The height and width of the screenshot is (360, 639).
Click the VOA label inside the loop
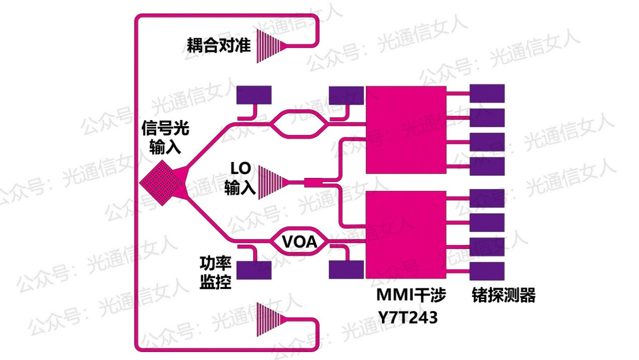pos(299,243)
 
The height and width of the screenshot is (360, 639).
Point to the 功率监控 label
pos(216,273)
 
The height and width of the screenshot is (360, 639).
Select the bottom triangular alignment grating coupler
pos(271,320)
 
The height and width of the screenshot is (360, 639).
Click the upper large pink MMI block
pos(406,130)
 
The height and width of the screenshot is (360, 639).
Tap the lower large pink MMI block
pos(406,234)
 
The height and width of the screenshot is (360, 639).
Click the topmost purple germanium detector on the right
pos(487,93)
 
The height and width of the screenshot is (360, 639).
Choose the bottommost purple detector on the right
pos(487,271)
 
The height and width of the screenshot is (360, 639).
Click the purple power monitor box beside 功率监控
pos(254,270)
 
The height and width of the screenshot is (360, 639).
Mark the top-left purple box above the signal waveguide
pos(254,94)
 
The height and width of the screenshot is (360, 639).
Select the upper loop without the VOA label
pos(299,124)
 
